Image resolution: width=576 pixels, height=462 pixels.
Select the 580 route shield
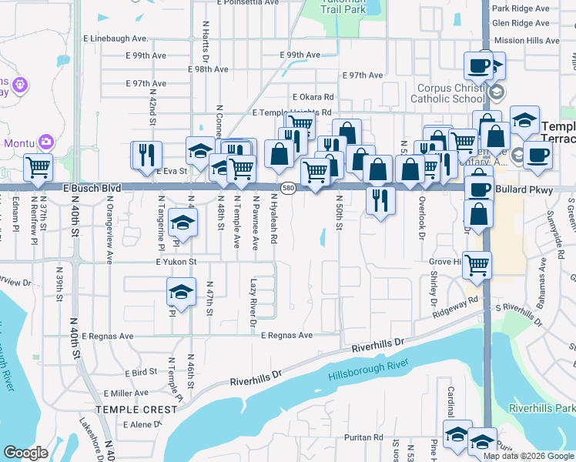tap(288, 187)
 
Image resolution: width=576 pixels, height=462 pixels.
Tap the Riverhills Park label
tap(541, 407)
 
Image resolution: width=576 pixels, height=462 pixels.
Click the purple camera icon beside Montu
tap(46, 142)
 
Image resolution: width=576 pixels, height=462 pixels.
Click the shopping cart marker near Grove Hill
tap(477, 265)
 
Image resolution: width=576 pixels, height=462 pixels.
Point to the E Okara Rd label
tap(313, 97)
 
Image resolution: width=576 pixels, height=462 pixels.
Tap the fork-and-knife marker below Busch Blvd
tap(380, 199)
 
